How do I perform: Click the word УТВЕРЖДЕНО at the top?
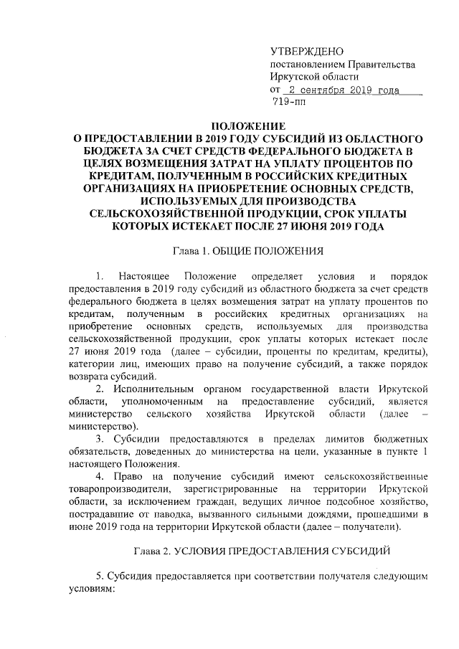[x=306, y=52]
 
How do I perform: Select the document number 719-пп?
[x=289, y=103]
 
